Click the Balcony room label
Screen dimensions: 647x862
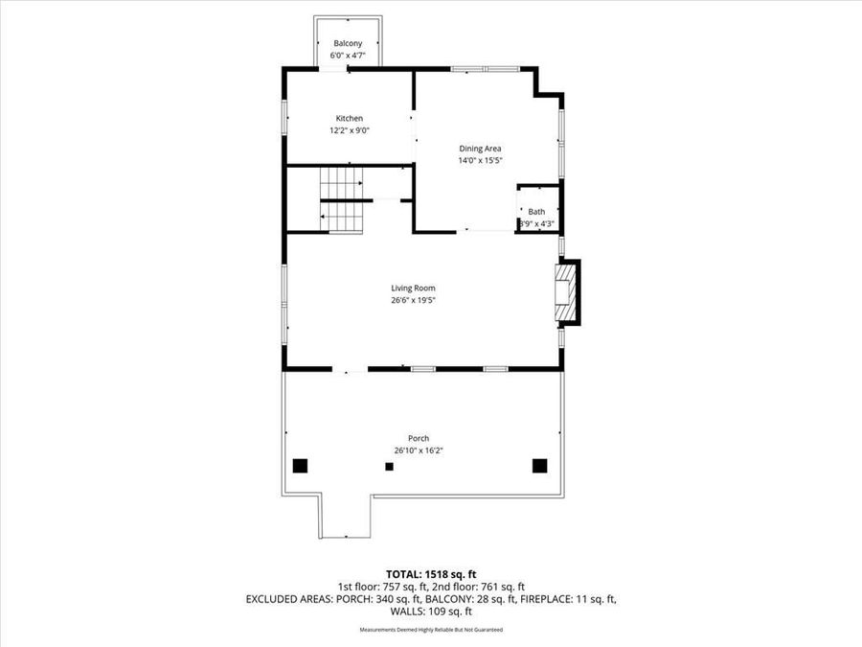pos(348,44)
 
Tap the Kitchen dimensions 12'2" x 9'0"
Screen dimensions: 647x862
pos(349,130)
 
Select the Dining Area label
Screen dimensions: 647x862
pos(480,149)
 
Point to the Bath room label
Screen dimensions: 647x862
pos(536,212)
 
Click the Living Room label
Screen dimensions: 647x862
pos(413,288)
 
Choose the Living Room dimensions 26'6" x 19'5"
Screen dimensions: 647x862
pos(413,300)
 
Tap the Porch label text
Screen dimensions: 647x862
pos(418,438)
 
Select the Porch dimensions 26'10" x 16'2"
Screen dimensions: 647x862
pos(418,451)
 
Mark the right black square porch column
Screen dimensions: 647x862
pos(539,465)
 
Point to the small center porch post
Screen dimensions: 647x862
pos(389,467)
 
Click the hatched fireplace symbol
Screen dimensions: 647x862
pos(565,293)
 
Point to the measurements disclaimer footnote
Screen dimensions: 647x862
pos(431,630)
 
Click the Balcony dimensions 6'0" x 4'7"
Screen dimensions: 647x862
pos(348,56)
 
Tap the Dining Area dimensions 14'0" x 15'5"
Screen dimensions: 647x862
pos(480,161)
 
